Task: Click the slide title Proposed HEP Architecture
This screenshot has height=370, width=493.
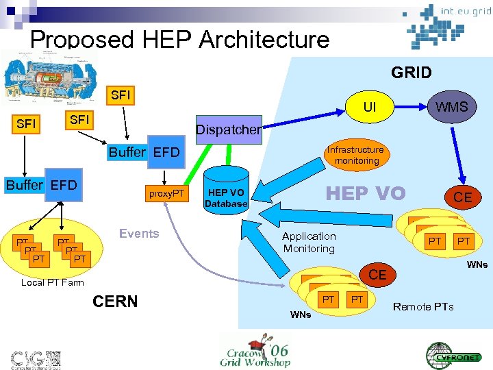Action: (x=179, y=39)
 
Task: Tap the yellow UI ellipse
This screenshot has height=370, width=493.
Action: (x=369, y=108)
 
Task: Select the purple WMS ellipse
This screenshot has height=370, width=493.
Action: (x=452, y=106)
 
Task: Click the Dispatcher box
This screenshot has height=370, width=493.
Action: (x=229, y=129)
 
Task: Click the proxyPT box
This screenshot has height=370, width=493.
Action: (x=168, y=194)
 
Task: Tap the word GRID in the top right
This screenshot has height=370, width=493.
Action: (x=411, y=73)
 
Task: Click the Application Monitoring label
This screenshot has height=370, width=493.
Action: (x=309, y=243)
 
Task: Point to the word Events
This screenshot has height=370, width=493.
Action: (x=139, y=234)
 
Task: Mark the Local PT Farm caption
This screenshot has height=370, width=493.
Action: (x=53, y=282)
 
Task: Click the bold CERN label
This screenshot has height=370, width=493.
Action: (x=114, y=301)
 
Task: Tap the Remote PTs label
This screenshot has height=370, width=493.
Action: (x=423, y=306)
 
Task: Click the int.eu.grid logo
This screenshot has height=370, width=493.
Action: (x=445, y=24)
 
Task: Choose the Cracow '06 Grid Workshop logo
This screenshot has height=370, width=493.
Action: (x=255, y=351)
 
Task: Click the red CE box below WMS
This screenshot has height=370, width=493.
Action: (x=462, y=197)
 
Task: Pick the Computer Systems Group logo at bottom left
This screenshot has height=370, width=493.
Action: (x=36, y=357)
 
